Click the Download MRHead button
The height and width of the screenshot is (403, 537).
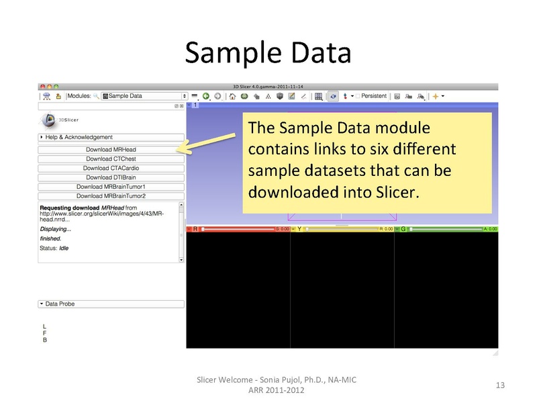click(111, 149)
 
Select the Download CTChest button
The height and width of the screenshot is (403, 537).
click(111, 159)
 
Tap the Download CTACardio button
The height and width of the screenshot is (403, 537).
click(111, 168)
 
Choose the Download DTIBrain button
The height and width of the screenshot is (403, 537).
click(111, 177)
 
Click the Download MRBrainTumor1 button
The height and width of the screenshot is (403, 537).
click(111, 187)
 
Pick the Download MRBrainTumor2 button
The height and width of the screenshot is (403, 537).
click(111, 196)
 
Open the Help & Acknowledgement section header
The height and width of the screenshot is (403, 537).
click(111, 137)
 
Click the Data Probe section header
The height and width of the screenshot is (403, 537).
click(111, 304)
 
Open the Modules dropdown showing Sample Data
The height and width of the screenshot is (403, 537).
click(144, 96)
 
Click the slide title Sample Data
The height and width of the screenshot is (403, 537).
click(268, 52)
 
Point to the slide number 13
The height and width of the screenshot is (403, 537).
click(499, 385)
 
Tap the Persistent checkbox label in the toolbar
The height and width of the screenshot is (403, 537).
click(374, 96)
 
